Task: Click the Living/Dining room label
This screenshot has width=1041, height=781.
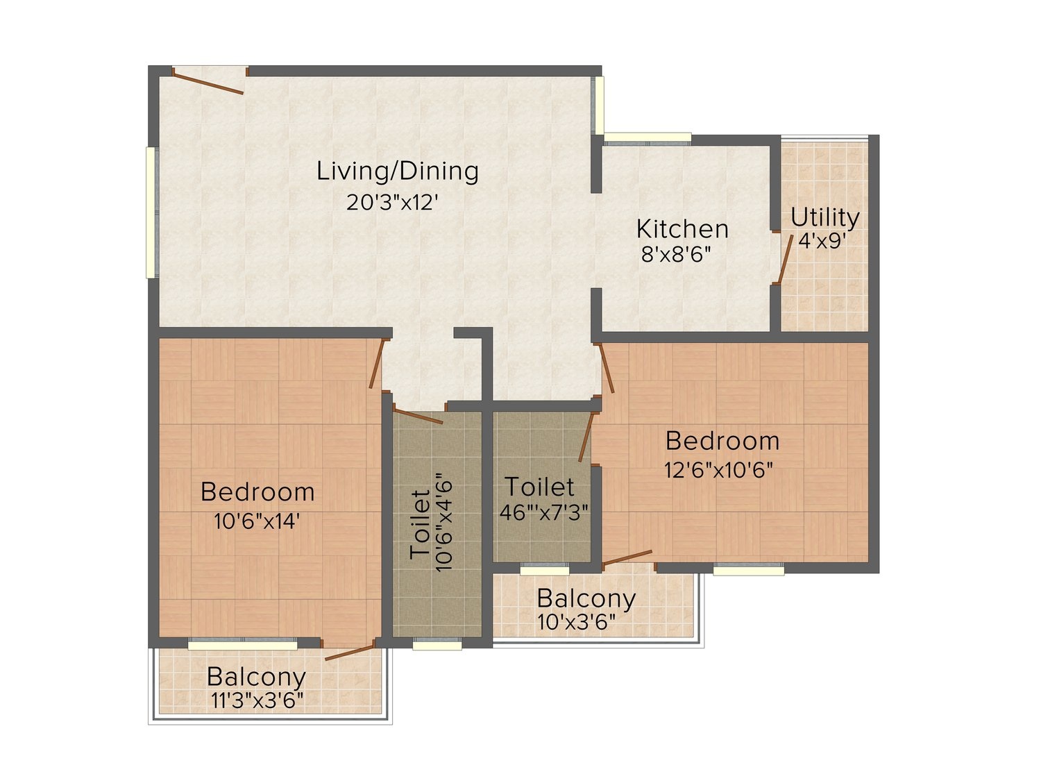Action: tap(398, 171)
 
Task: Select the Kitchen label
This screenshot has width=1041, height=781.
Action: tap(682, 229)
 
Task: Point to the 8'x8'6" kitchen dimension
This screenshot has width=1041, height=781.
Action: tap(676, 255)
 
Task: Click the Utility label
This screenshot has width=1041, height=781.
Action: tap(824, 218)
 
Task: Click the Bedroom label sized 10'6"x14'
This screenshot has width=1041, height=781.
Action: tap(257, 492)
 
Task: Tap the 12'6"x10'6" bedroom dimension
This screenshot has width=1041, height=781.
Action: tap(719, 471)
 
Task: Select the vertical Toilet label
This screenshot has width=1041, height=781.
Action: tap(420, 524)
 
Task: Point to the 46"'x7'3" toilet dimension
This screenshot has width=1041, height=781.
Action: tap(544, 512)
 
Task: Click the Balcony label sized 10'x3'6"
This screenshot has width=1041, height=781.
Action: tap(586, 598)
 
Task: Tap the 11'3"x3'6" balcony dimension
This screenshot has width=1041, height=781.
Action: tap(257, 700)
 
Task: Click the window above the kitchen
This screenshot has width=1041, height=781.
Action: tap(647, 138)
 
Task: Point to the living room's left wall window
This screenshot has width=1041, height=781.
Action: tap(151, 212)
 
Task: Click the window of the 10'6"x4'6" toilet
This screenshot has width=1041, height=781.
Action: tap(437, 644)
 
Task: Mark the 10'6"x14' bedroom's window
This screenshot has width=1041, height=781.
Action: tap(242, 644)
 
